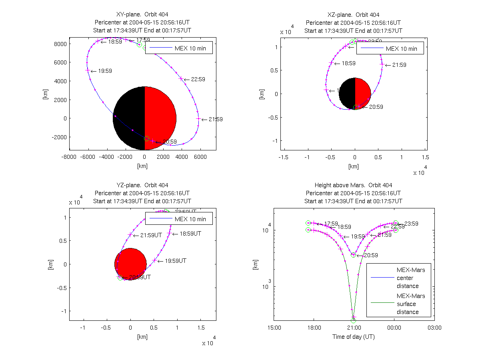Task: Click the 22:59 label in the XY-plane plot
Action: [x=198, y=80]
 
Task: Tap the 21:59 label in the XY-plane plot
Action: [x=216, y=119]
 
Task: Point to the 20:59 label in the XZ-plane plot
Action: [x=376, y=107]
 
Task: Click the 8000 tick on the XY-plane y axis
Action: [x=60, y=44]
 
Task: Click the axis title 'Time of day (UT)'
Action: [x=354, y=337]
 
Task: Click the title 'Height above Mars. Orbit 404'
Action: [x=354, y=185]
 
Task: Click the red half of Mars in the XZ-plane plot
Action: [x=362, y=93]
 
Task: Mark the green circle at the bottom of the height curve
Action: [x=353, y=320]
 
